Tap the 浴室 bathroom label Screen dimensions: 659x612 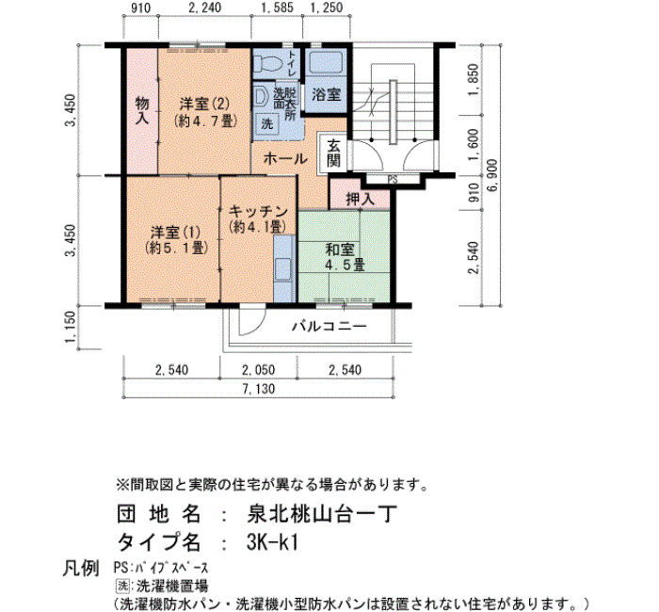(326, 94)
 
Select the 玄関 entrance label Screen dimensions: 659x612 (333, 153)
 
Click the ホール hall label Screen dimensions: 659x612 (285, 159)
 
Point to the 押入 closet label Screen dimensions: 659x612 (360, 199)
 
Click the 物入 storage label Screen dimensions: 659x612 (142, 110)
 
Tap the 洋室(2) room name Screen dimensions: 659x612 (204, 104)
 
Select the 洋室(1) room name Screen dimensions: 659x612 (175, 233)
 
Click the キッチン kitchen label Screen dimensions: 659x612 (258, 212)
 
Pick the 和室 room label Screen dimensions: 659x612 (340, 250)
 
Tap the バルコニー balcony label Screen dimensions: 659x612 (329, 326)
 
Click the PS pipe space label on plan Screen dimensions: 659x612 (393, 180)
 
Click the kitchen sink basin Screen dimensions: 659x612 (282, 269)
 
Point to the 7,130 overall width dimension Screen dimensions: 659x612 (259, 389)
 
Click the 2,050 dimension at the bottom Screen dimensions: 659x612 (259, 370)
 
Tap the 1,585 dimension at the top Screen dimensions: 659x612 (277, 8)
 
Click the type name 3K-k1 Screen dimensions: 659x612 (272, 541)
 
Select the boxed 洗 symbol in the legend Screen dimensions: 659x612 (122, 586)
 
